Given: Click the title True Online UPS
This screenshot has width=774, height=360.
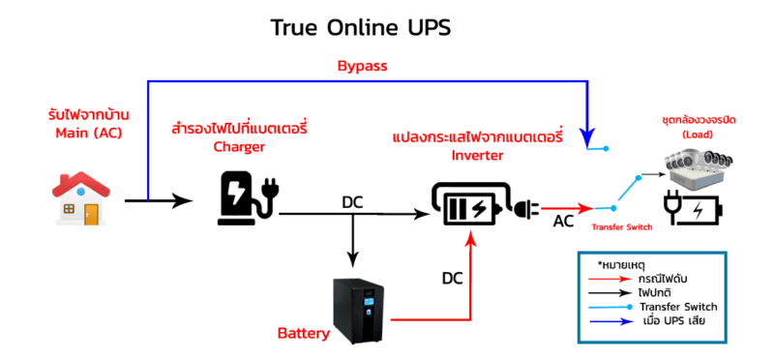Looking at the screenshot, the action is pyautogui.click(x=361, y=28).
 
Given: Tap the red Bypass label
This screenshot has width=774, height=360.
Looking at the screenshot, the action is pyautogui.click(x=362, y=67).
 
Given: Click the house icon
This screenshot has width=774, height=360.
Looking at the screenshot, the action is pyautogui.click(x=81, y=198).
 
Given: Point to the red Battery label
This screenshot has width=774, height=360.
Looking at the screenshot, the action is pyautogui.click(x=304, y=334).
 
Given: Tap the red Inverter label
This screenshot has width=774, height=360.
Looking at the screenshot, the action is pyautogui.click(x=478, y=155).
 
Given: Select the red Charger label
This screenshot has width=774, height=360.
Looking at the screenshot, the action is pyautogui.click(x=239, y=147).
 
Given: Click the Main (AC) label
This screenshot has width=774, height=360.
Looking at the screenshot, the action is pyautogui.click(x=88, y=133).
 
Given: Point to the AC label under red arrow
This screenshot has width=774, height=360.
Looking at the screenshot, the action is pyautogui.click(x=563, y=222).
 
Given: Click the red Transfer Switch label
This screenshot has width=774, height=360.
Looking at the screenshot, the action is pyautogui.click(x=622, y=227).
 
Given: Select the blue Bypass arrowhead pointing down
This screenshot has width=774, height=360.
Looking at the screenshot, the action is pyautogui.click(x=587, y=137).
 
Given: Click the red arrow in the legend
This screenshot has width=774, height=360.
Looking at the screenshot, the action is pyautogui.click(x=610, y=279).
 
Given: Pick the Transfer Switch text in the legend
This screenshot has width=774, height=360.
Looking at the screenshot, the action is pyautogui.click(x=678, y=307).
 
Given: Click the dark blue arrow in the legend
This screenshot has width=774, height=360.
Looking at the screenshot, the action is pyautogui.click(x=610, y=321).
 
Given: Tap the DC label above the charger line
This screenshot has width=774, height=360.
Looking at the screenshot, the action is pyautogui.click(x=352, y=202).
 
